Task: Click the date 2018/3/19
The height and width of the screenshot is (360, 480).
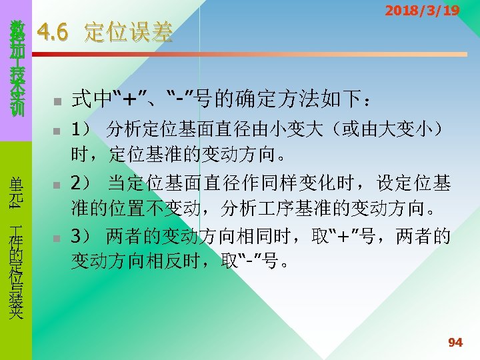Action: click(423, 11)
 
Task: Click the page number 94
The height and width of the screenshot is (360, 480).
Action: click(455, 343)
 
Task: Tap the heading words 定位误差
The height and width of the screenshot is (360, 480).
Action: click(128, 32)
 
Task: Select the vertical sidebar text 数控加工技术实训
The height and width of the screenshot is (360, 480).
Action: click(17, 67)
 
